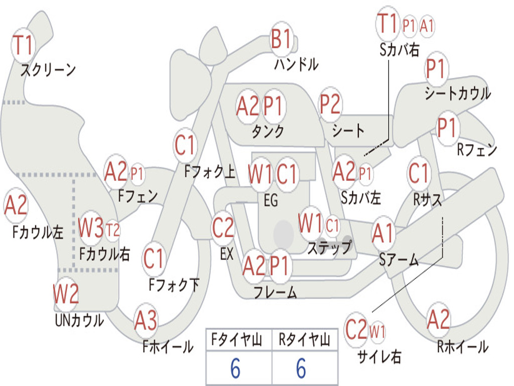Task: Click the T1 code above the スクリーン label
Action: (x=23, y=45)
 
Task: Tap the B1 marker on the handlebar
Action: (x=281, y=39)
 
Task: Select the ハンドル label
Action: (x=296, y=64)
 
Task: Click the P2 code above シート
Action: (x=330, y=104)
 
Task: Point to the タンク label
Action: (x=268, y=131)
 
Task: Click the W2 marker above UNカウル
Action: (x=66, y=294)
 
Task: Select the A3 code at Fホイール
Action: (x=146, y=320)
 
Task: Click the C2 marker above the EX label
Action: (x=223, y=228)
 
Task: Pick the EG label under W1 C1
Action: (x=271, y=200)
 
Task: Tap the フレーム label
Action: (x=276, y=292)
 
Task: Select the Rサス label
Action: (x=427, y=199)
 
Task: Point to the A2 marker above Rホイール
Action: (x=438, y=319)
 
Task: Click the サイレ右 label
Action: (x=379, y=356)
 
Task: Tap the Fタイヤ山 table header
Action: (x=237, y=339)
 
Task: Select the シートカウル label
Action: (x=458, y=93)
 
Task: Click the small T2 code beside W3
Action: (x=112, y=230)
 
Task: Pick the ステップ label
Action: (x=329, y=247)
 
